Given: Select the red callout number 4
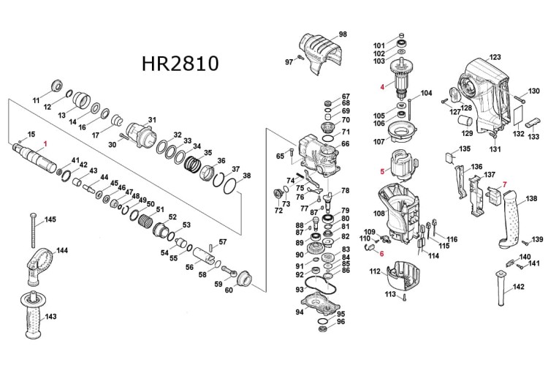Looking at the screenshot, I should [381, 86].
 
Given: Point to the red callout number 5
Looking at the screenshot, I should [381, 172].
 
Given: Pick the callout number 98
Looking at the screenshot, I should [343, 34].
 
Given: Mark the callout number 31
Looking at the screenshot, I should [153, 120].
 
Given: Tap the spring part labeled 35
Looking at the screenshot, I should [193, 165].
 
